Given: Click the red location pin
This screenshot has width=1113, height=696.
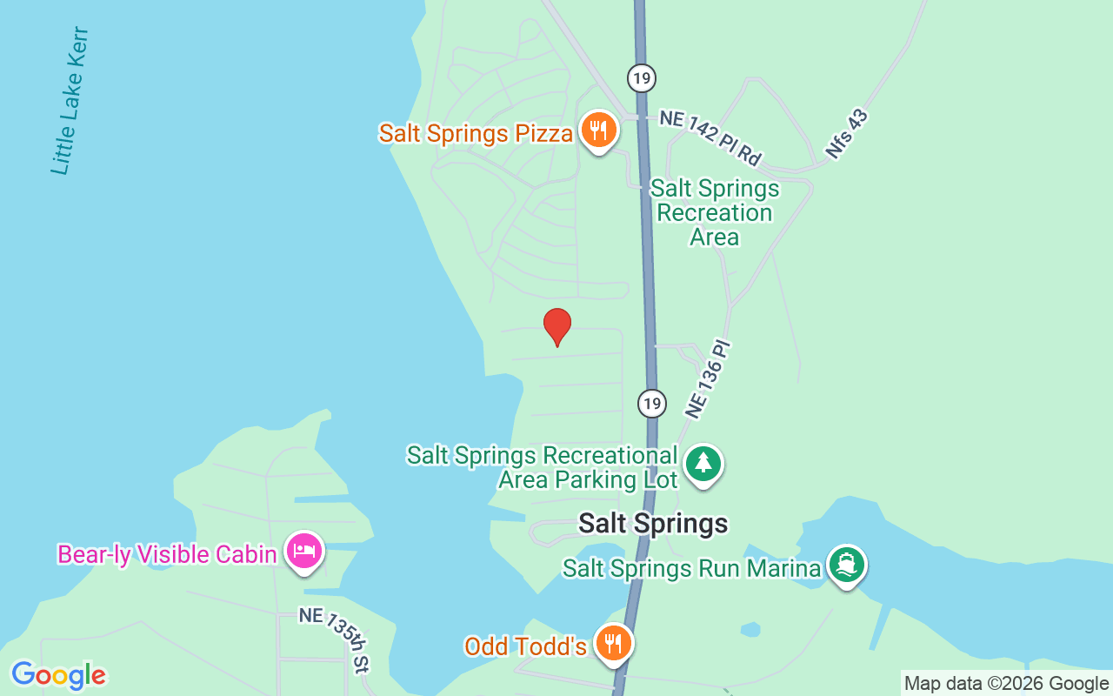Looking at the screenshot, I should pos(557,326).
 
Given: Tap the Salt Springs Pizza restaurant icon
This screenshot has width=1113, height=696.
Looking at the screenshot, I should pos(598,130).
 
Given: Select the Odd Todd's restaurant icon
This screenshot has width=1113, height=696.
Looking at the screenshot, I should pos(614,644).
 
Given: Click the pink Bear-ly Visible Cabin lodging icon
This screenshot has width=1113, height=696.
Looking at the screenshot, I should pos(304,551).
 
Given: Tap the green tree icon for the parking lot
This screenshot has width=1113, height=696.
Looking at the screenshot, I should pos(703,464).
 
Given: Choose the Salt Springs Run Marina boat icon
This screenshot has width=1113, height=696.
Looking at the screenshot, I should pos(846,565).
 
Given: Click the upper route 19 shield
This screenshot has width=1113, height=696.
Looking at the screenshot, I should pos(641,78).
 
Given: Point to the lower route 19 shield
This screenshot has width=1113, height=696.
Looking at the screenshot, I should pos(651,403).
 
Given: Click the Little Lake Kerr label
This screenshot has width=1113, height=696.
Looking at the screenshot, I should pos(70,101).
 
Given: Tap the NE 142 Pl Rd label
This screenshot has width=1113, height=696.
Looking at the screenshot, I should pos(710,137).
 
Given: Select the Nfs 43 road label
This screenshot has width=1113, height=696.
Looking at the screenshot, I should pos(847,134).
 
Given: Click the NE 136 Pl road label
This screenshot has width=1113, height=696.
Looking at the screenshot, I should pos(710,380).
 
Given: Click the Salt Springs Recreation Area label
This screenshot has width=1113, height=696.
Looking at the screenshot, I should pos(715,213).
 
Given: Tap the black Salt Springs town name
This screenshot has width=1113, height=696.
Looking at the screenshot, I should pos(653,523).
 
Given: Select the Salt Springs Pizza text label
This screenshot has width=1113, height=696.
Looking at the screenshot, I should pos(476,133).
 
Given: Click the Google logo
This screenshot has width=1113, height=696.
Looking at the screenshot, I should pos(58,674).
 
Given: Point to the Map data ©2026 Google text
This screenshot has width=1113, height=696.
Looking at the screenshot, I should pos(1006,684).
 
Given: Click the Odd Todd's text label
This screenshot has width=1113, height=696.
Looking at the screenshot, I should pos(525,646).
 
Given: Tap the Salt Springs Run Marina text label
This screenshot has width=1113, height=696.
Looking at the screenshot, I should pos(691,568).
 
